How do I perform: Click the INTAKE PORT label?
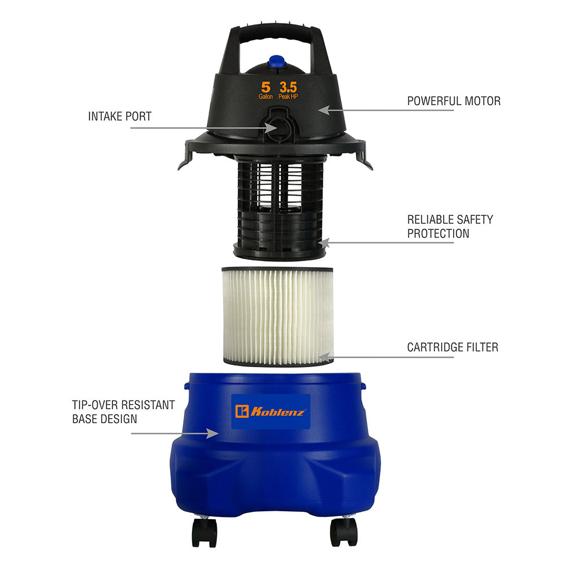120,116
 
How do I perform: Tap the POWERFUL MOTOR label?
454,101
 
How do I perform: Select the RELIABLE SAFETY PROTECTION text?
450,226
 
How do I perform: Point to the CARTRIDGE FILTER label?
453,347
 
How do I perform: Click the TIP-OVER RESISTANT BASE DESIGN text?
123,412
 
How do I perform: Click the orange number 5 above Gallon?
266,87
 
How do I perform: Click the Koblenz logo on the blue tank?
271,411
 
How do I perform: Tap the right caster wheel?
344,533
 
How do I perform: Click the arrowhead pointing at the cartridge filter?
323,357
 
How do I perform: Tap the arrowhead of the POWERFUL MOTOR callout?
323,109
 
